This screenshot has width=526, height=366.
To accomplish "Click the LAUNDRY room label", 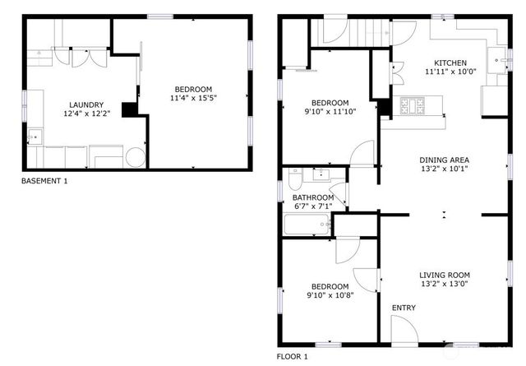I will pos(86,104).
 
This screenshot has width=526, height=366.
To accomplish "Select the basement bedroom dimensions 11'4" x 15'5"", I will pos(192,99).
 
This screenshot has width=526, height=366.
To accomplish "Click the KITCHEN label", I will pos(450,63).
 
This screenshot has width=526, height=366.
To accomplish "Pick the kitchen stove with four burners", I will pos(412,105).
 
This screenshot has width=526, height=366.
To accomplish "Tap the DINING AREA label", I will pos(444,160).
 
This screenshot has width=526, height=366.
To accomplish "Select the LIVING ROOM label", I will pos(444,275).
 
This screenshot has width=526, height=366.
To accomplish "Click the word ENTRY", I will pos(404,308).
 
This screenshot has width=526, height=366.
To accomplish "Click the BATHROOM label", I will pos(313,197).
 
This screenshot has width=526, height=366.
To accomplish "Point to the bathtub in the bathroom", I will pos(308,223).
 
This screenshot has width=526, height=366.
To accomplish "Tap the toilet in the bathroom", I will pos(295,174).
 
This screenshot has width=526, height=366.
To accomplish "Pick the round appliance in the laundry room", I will pos(135,155).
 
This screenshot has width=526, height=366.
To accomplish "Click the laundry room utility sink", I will pos(35,135).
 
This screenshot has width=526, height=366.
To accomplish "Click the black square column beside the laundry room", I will pos(129,109).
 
